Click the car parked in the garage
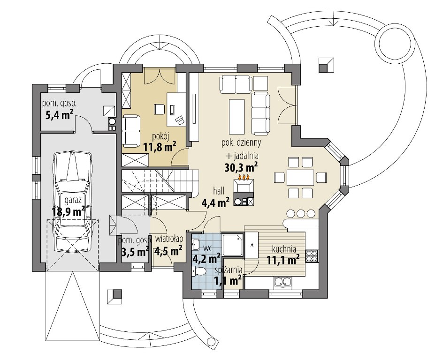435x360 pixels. [73, 201]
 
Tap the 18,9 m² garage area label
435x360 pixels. [68, 212]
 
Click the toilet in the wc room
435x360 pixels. [198, 271]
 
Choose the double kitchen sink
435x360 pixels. [282, 282]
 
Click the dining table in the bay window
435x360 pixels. [300, 177]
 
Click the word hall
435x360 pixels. [219, 191]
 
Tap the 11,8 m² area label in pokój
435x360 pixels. [160, 146]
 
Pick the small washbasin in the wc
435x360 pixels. [195, 244]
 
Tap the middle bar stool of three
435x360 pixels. [300, 214]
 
